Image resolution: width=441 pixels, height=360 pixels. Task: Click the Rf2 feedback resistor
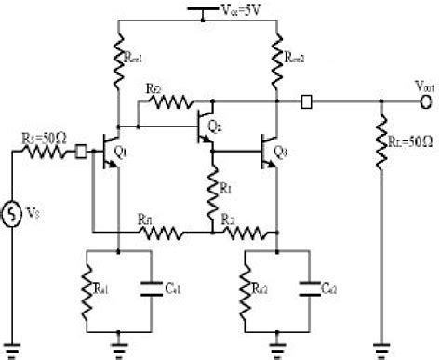pos(173,100)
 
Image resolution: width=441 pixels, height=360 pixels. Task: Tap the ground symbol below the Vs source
pos(13,348)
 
